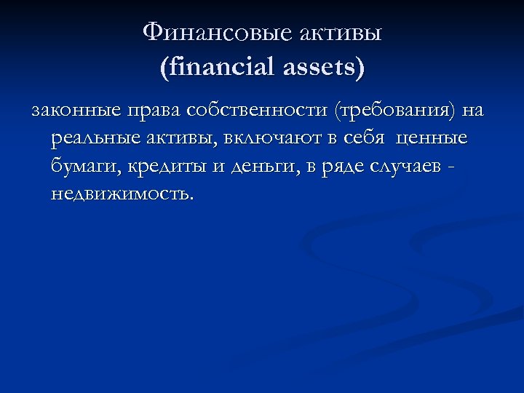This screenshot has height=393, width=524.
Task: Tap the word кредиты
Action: point(167,166)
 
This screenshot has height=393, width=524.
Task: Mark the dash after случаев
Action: point(455,167)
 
